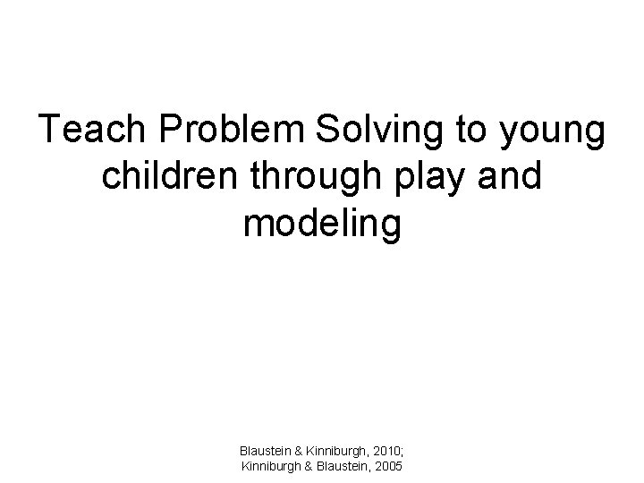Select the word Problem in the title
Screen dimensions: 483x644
pyautogui.click(x=236, y=131)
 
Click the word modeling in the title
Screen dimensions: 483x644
pyautogui.click(x=322, y=225)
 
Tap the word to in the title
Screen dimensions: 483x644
pyautogui.click(x=469, y=131)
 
